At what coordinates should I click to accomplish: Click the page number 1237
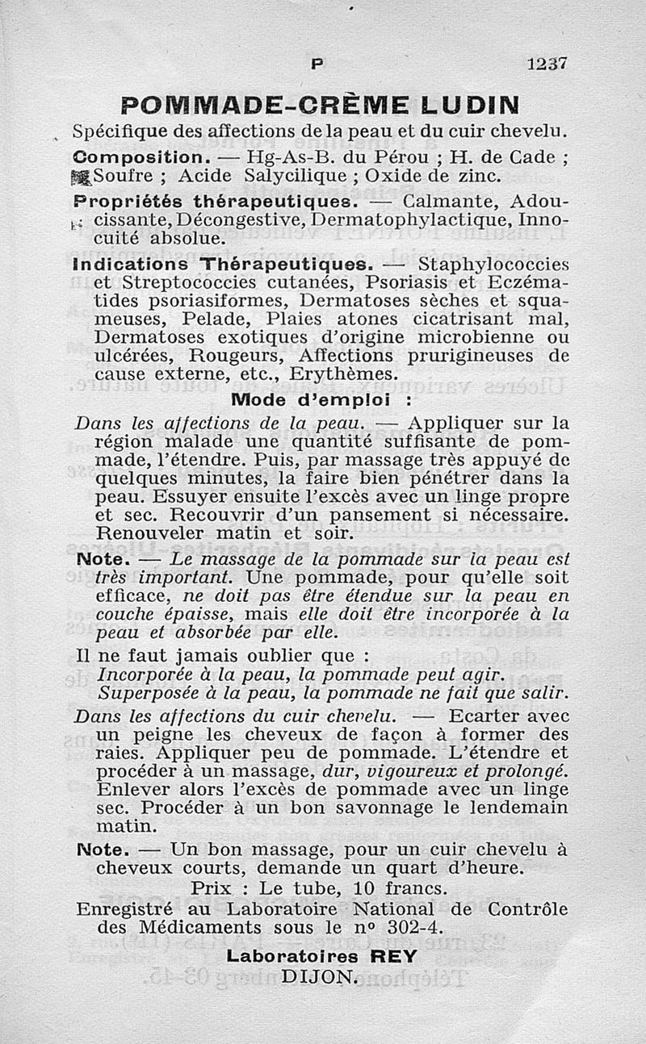(547, 65)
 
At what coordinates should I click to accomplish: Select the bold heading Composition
(142, 156)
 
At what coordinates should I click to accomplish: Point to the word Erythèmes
(350, 374)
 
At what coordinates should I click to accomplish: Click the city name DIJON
(318, 975)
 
